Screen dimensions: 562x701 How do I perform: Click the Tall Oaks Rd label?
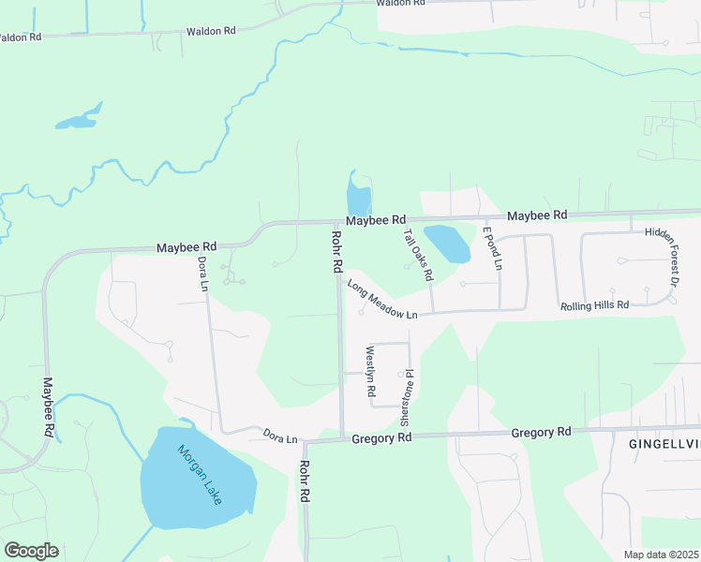pyautogui.click(x=417, y=255)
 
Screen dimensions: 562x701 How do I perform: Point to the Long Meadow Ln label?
pyautogui.click(x=381, y=300)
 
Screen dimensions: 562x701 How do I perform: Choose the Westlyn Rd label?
pyautogui.click(x=370, y=370)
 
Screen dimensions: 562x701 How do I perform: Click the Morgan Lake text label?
pyautogui.click(x=199, y=474)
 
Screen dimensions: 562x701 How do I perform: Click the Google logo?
pyautogui.click(x=31, y=551)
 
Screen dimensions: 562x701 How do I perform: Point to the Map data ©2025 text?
pyautogui.click(x=662, y=555)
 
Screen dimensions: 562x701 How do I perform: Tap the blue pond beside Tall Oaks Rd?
pyautogui.click(x=448, y=243)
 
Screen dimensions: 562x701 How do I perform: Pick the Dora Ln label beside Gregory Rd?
pyautogui.click(x=280, y=436)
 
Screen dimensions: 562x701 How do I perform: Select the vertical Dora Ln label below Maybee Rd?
pyautogui.click(x=201, y=274)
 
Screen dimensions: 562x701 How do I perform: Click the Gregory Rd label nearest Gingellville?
pyautogui.click(x=541, y=432)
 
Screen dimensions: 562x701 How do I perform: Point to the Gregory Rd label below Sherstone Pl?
pyautogui.click(x=381, y=437)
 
